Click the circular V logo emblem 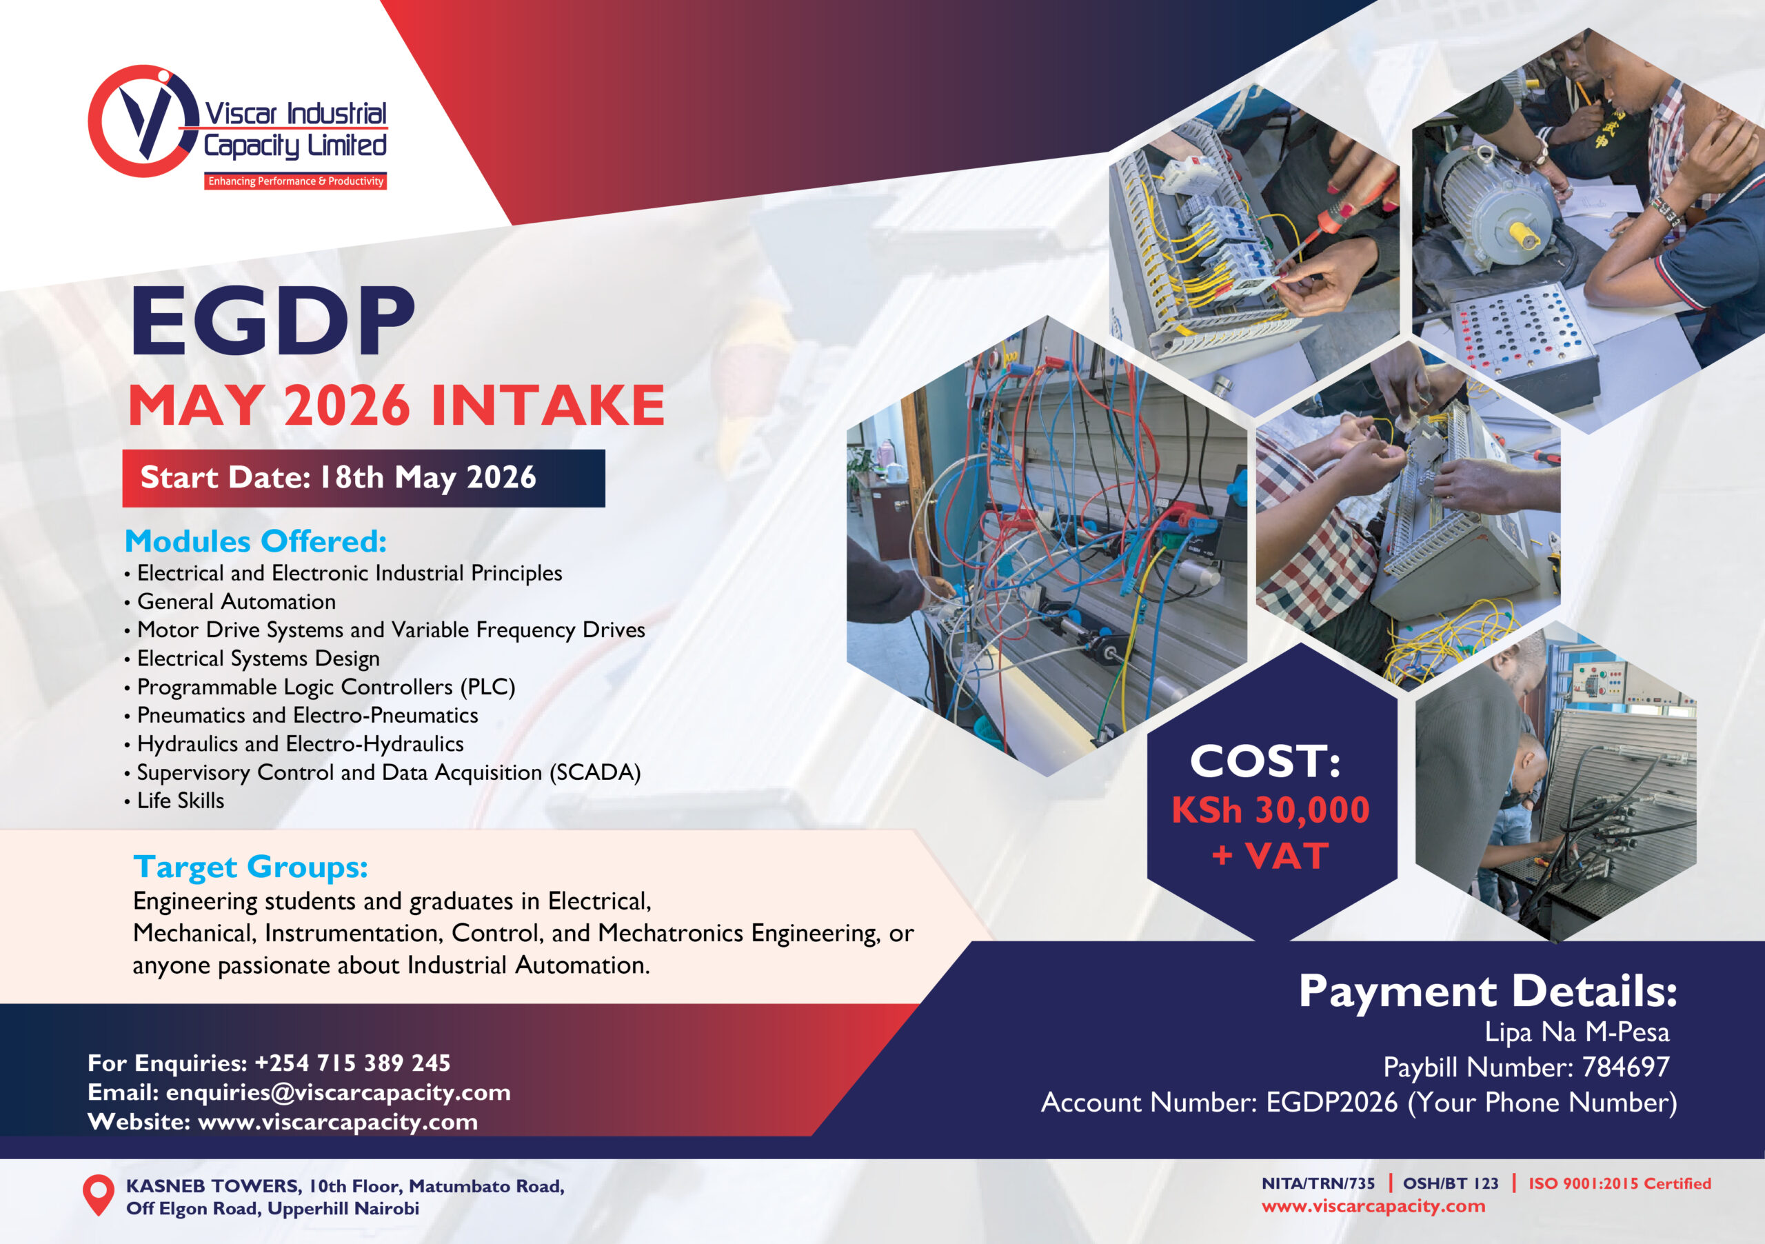[x=144, y=121]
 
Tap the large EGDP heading [x=273, y=321]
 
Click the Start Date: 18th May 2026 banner [x=363, y=479]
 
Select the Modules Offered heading [x=255, y=541]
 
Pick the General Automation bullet [x=230, y=601]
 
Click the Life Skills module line [x=174, y=801]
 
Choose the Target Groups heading [x=250, y=867]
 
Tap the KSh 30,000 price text [x=1271, y=810]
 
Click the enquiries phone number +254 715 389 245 [x=353, y=1063]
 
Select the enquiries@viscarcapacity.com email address [x=339, y=1092]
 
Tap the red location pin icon [x=98, y=1195]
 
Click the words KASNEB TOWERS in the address [x=213, y=1186]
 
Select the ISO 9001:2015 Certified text [x=1620, y=1183]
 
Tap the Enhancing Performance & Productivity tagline [x=296, y=181]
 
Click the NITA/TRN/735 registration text [x=1318, y=1183]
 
